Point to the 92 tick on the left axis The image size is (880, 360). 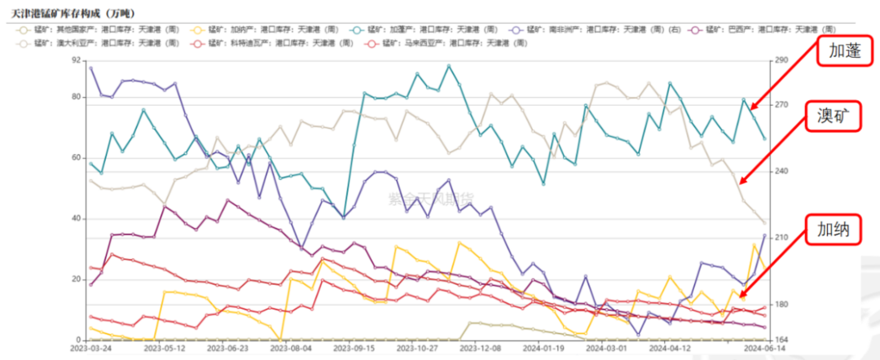77,60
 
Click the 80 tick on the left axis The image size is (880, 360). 77,97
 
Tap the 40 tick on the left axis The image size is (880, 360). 77,218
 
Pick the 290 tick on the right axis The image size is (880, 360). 781,60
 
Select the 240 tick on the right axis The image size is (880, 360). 781,171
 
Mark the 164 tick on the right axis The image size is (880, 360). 781,340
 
